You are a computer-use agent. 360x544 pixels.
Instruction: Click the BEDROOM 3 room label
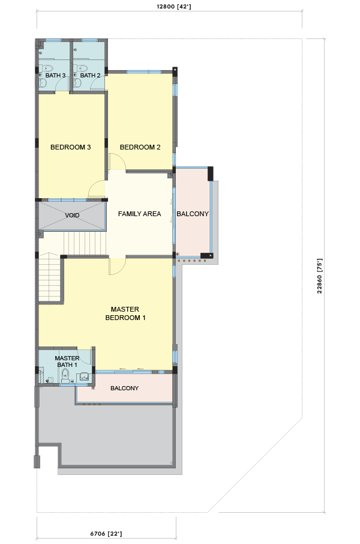tap(70, 147)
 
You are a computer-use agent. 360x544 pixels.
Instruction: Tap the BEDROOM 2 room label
tap(140, 147)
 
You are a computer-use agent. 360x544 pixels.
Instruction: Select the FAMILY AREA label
tap(139, 214)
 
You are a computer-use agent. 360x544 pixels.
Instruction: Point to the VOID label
tap(72, 216)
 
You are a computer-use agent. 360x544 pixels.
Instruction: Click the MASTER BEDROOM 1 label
tap(125, 313)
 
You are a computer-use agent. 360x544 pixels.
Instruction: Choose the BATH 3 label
tap(55, 75)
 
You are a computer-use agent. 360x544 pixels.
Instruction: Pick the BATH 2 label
tap(90, 75)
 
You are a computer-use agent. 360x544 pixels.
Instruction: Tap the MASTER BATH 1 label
tap(67, 361)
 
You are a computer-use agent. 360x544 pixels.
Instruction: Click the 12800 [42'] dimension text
tap(174, 7)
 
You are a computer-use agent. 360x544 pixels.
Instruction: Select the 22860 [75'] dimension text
tap(319, 276)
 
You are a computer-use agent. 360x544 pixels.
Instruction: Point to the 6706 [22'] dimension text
tap(106, 534)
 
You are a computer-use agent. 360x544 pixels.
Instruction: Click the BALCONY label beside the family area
tap(193, 214)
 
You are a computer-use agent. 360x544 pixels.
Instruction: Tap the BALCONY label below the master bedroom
tap(125, 388)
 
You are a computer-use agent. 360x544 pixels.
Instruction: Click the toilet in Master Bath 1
tap(65, 375)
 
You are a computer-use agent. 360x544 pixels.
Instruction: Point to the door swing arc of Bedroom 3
tap(93, 186)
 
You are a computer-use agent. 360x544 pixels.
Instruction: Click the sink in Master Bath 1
tap(84, 376)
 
